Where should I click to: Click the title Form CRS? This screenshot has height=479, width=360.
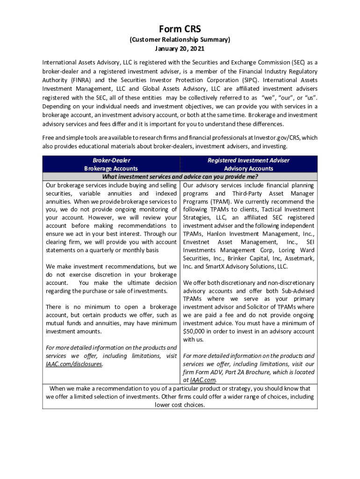[180, 30]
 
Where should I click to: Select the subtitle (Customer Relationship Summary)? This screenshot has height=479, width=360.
[180, 40]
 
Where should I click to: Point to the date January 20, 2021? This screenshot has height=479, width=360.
[180, 49]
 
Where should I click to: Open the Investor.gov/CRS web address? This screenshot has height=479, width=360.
[278, 138]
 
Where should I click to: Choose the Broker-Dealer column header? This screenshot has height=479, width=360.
[111, 160]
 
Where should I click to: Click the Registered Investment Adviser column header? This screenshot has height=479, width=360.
[248, 160]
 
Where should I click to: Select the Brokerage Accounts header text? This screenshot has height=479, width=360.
[111, 168]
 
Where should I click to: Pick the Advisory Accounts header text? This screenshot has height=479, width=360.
[248, 168]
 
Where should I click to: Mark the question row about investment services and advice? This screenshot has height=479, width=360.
[180, 177]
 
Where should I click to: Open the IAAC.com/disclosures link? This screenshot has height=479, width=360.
[74, 364]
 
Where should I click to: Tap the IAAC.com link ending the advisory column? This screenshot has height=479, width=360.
[202, 380]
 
